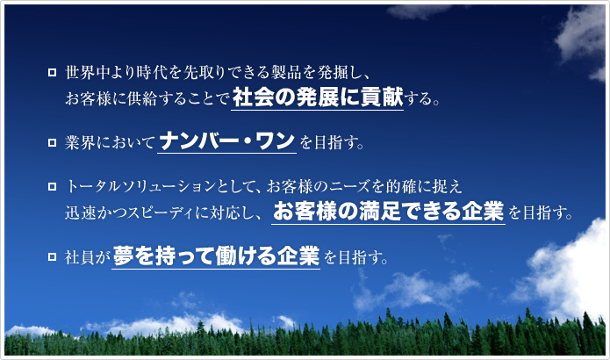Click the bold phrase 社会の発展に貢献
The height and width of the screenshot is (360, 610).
pos(318,97)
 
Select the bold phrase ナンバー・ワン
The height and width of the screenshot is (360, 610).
pos(226,140)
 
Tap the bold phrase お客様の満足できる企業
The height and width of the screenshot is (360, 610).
pos(389,212)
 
